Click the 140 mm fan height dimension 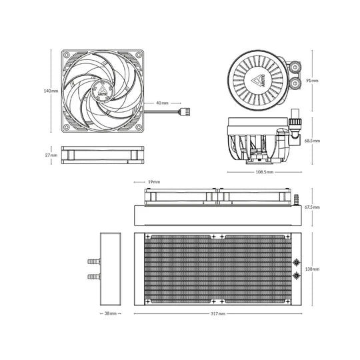[51, 91]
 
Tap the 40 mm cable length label [162, 103]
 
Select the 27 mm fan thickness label [51, 155]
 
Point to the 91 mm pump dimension [312, 81]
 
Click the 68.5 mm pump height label [312, 141]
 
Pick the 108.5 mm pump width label [265, 172]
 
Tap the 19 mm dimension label [154, 182]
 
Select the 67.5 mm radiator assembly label [312, 207]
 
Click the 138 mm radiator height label [312, 269]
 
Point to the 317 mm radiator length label [218, 313]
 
